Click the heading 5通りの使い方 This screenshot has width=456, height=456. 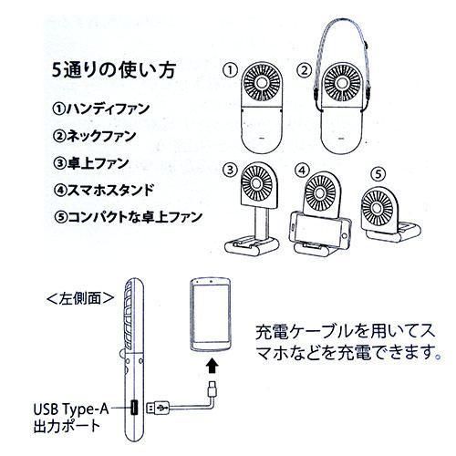[114, 70]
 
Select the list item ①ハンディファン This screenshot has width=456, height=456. [101, 109]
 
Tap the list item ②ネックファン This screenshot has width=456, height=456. [94, 136]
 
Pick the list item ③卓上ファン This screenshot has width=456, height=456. [91, 163]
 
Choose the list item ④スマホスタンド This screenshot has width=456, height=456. [103, 190]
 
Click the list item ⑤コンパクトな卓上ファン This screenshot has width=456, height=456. [128, 217]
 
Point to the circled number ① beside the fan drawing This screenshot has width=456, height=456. [230, 70]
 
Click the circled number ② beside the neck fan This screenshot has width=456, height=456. [305, 70]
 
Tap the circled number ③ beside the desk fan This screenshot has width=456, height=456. [230, 170]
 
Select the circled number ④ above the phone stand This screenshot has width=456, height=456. [302, 171]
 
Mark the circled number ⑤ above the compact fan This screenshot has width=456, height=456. [378, 174]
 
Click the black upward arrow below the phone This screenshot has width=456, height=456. [212, 366]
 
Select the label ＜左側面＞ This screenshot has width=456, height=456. [80, 298]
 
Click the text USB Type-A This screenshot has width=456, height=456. [71, 409]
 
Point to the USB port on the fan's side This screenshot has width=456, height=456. [134, 408]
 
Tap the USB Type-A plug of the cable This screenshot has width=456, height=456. [158, 408]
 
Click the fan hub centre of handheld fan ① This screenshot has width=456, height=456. [262, 83]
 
